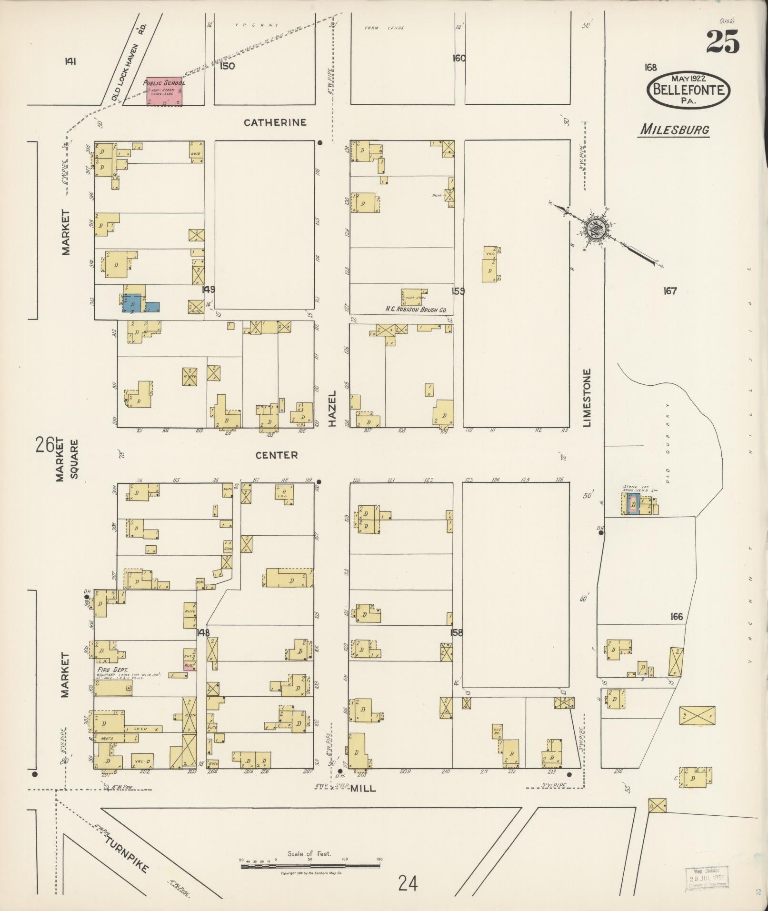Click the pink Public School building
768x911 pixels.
(x=164, y=91)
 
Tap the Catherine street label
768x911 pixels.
(x=275, y=123)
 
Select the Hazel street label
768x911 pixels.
(x=332, y=409)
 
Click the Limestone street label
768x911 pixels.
(x=587, y=398)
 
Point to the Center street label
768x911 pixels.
(x=277, y=455)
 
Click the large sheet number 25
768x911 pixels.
(x=722, y=42)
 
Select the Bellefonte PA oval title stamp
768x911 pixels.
(x=688, y=89)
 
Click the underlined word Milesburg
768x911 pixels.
(x=674, y=130)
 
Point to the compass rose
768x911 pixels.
(x=595, y=229)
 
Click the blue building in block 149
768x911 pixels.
(x=134, y=303)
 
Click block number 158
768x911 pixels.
(x=458, y=633)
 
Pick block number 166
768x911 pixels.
(x=676, y=617)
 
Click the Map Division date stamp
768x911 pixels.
(x=706, y=877)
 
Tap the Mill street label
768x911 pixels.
(x=363, y=788)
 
